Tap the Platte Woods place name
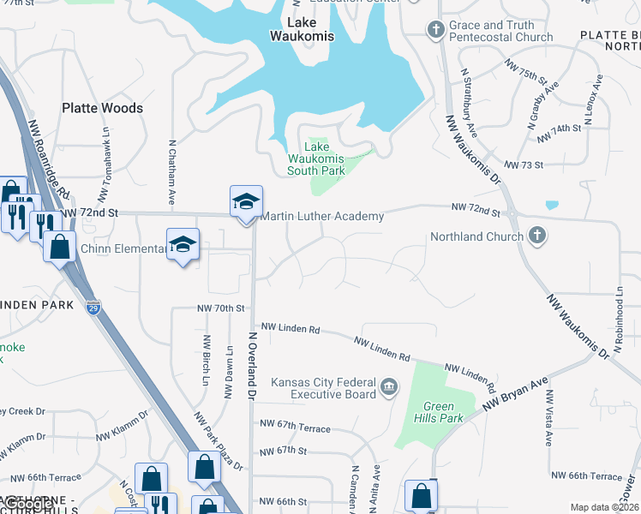102,108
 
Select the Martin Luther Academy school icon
246,202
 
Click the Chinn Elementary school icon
183,245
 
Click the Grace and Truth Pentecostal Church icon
435,31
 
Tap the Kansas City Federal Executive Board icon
390,388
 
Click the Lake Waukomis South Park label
316,159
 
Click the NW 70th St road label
221,308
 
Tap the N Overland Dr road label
253,366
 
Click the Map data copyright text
604,507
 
